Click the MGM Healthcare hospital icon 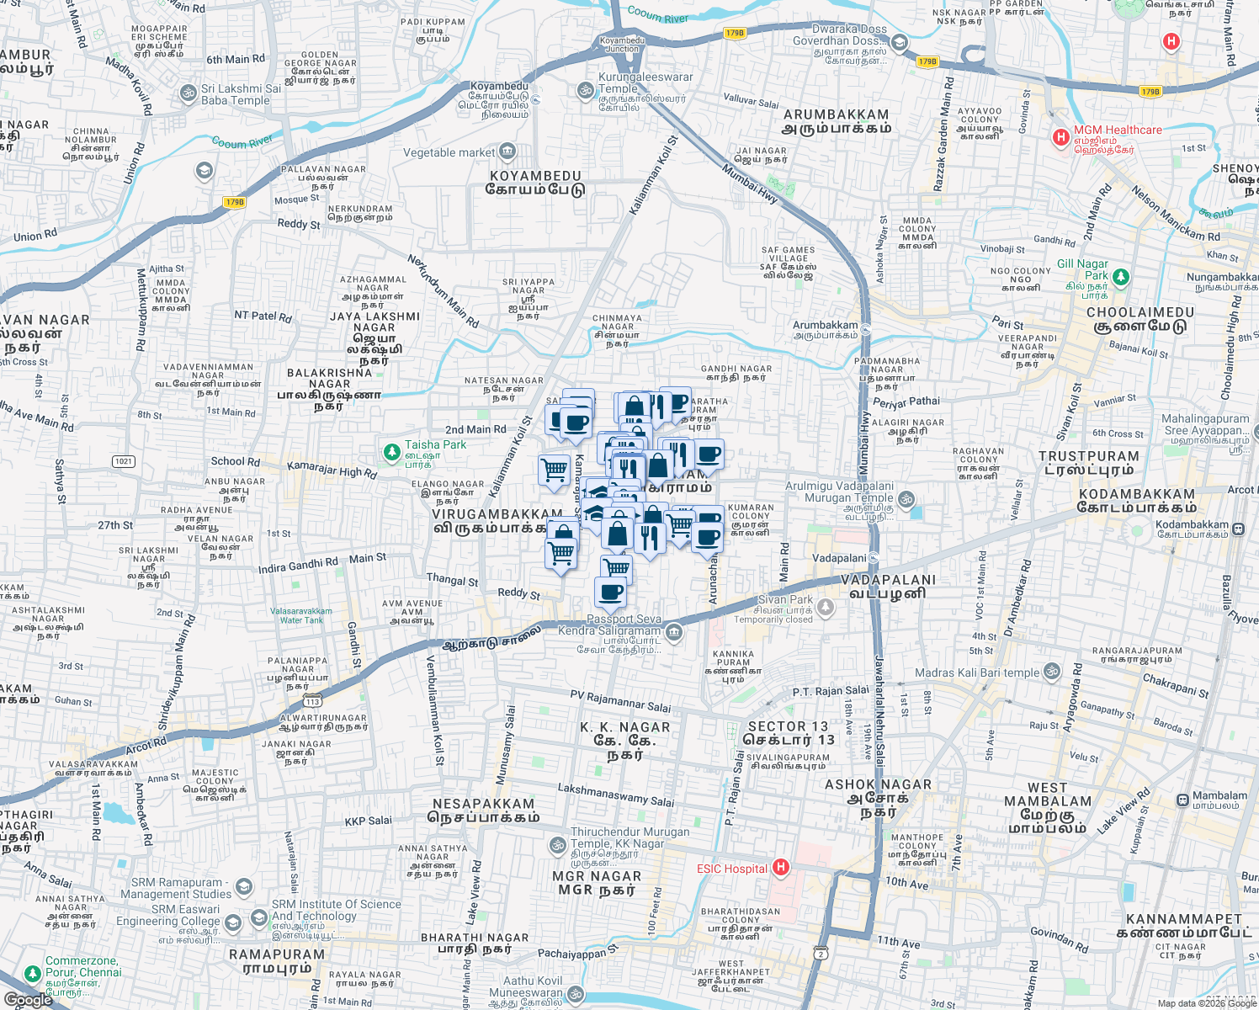click(1061, 136)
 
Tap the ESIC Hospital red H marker click(780, 867)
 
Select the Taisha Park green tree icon click(391, 452)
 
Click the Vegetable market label click(449, 152)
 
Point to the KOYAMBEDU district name click(535, 176)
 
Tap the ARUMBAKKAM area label click(836, 114)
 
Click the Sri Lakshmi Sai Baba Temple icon click(189, 93)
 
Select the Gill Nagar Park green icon click(1120, 276)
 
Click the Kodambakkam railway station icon click(1238, 529)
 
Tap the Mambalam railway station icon click(1182, 800)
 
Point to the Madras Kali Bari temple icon click(1052, 671)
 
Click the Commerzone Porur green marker click(32, 974)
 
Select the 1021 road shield click(123, 461)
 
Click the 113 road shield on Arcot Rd click(313, 700)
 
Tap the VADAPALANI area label click(888, 580)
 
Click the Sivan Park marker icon click(826, 606)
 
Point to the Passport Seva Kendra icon click(674, 631)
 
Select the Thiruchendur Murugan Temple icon click(557, 844)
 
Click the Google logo click(28, 999)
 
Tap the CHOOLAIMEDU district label click(1139, 312)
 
